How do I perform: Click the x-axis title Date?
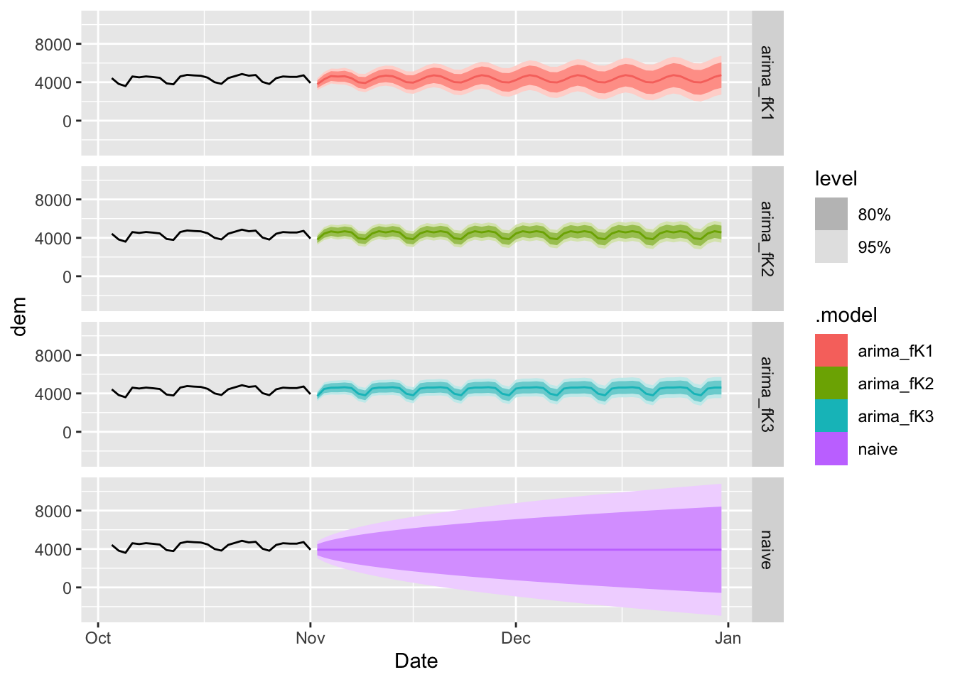416,661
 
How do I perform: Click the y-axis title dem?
19,316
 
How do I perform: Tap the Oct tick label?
98,638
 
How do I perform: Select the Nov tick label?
311,638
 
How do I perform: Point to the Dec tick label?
516,638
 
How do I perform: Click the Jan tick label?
728,638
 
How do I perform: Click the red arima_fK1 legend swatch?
831,351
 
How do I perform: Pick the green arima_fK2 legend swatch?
831,384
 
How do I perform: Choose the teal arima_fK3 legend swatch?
831,416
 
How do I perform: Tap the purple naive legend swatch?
831,449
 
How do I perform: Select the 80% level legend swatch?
831,215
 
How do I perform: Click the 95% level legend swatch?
831,247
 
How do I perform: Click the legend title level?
836,179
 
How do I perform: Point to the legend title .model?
846,315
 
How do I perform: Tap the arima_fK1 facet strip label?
767,82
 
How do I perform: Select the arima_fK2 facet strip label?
767,238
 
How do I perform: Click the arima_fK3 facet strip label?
767,394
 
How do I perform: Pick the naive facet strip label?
767,549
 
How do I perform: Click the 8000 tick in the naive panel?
53,511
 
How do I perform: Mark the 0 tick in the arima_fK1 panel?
67,121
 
